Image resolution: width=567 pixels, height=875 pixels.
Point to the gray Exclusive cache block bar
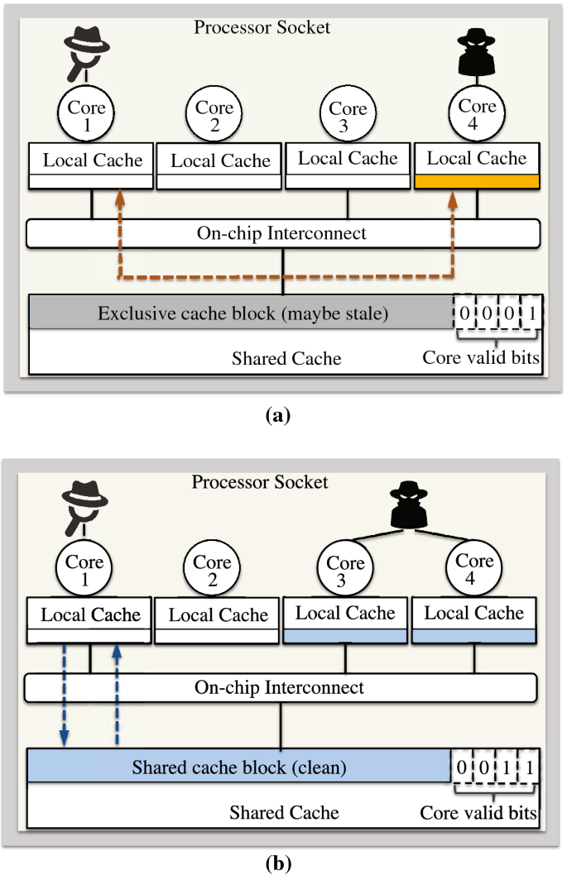(240, 313)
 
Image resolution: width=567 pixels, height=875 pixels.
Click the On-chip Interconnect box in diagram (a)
(282, 233)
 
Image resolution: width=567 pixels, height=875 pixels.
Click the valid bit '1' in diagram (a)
(529, 313)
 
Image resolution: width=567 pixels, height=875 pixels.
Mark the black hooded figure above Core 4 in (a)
(478, 52)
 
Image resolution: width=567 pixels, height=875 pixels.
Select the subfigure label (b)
(278, 863)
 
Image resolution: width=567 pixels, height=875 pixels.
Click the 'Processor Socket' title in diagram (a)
(262, 27)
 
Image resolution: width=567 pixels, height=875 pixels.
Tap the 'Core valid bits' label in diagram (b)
(478, 812)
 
